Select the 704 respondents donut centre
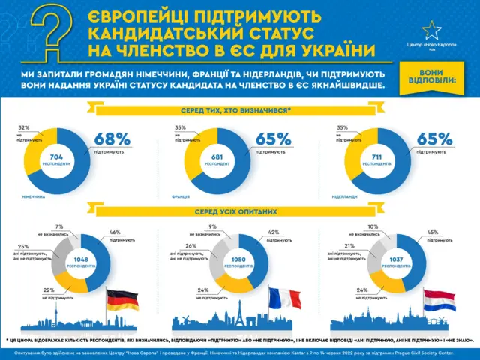[57, 159]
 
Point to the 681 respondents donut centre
[220, 159]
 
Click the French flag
[286, 301]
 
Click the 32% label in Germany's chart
[23, 128]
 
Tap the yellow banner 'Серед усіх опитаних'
[239, 211]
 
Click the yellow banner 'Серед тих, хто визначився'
[239, 111]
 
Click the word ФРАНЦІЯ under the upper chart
[179, 197]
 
